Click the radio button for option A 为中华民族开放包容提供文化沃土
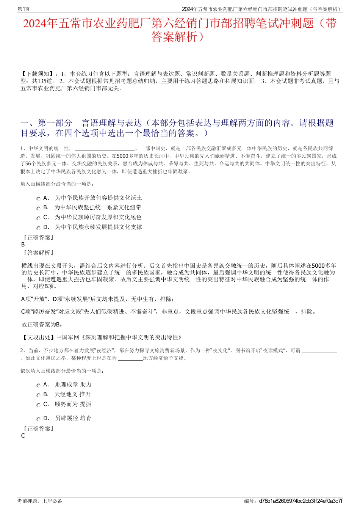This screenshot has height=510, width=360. (x=38, y=199)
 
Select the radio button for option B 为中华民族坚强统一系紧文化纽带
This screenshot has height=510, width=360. (x=38, y=208)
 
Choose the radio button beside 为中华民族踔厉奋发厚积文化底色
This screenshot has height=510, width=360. (x=38, y=218)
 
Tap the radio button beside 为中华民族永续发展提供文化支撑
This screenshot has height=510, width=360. (x=38, y=228)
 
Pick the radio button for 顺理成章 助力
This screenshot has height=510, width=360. (x=38, y=385)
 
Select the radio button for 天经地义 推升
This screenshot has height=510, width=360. (x=38, y=395)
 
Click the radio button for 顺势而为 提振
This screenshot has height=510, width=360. (x=38, y=405)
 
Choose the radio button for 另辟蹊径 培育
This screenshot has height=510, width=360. (x=38, y=419)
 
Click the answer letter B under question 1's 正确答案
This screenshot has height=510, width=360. (x=23, y=245)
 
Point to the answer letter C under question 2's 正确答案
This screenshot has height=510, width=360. (x=23, y=436)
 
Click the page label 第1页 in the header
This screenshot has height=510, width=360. (x=23, y=9)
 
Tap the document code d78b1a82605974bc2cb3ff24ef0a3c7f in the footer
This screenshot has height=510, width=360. (x=301, y=501)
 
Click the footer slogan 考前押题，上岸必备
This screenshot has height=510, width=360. (x=40, y=501)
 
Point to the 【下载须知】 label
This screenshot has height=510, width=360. (x=38, y=74)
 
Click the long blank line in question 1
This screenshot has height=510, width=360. (x=105, y=149)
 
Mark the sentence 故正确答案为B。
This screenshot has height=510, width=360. (x=42, y=324)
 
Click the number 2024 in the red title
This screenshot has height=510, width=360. (x=34, y=24)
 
